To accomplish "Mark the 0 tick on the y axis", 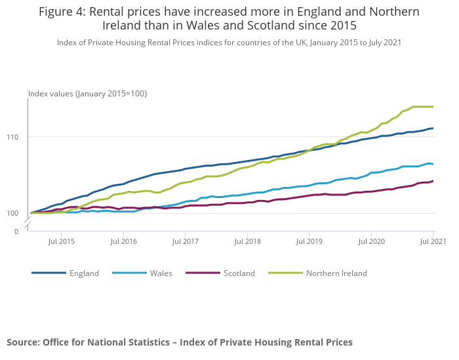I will (x=16, y=231).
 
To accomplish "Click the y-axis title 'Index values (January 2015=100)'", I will (x=87, y=94).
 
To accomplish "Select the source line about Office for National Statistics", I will (x=180, y=342).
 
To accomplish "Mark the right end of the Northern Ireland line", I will (x=433, y=106).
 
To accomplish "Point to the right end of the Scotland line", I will (x=433, y=181).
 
